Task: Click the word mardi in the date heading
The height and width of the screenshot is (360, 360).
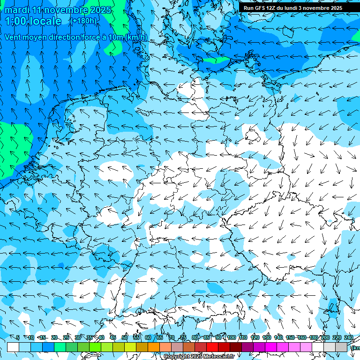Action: click(17, 10)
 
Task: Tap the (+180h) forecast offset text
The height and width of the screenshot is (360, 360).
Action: click(83, 21)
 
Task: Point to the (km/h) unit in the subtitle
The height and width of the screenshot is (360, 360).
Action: click(136, 37)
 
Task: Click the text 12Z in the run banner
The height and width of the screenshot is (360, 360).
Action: click(271, 8)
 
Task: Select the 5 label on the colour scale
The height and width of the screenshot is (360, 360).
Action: click(18, 337)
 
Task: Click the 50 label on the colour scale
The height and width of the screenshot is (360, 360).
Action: click(125, 337)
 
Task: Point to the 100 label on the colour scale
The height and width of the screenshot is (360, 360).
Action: click(232, 337)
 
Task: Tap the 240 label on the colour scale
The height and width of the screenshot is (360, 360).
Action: click(349, 337)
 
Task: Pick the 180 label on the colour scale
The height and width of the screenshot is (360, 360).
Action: click(314, 337)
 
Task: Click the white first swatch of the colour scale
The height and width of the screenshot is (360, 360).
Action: click(13, 347)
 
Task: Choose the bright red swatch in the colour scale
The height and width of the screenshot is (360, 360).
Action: click(212, 347)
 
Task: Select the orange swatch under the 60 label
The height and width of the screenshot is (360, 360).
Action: click(154, 347)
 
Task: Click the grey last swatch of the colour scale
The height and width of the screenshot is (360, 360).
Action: click(341, 347)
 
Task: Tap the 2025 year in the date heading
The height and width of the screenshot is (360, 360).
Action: click(101, 10)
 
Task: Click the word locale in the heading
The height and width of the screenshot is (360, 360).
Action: click(46, 21)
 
